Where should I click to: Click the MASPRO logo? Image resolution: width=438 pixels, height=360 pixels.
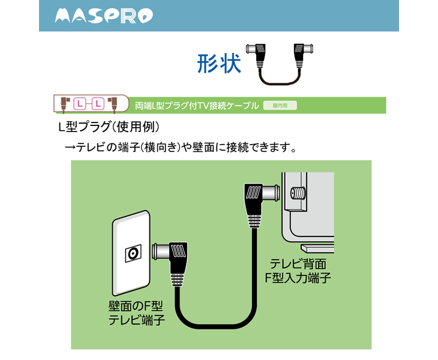click(103, 16)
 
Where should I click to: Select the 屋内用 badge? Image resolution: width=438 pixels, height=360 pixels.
click(280, 105)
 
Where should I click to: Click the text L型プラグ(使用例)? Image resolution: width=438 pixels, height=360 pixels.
click(108, 127)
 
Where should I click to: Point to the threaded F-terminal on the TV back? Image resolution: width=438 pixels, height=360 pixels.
click(296, 193)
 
